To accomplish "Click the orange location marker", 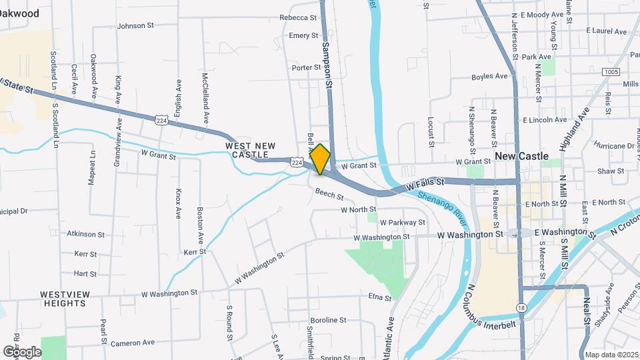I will click(321, 159).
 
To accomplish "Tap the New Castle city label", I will click(521, 156).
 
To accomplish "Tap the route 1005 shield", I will click(610, 72).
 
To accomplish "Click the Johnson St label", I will click(135, 26).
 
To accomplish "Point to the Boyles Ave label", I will click(489, 77).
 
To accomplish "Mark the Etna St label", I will click(379, 297).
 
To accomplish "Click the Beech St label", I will click(329, 197).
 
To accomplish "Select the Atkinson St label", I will click(86, 234).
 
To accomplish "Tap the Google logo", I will click(22, 351).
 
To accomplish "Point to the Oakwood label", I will click(19, 13).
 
